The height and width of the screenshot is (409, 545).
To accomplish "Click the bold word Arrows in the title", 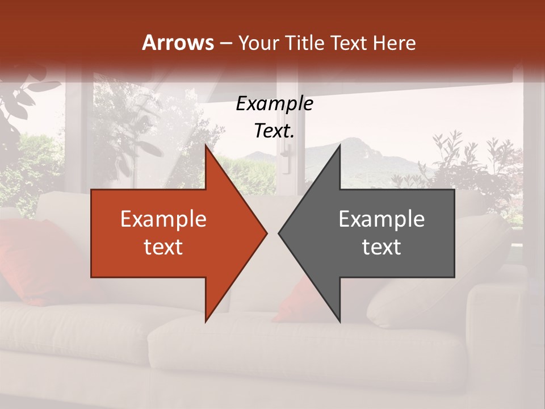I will click(178, 43).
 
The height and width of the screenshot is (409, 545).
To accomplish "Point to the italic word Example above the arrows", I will click(274, 103).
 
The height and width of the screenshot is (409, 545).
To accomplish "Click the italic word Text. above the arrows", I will click(274, 131).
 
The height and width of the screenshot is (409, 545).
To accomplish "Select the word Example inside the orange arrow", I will click(163, 219).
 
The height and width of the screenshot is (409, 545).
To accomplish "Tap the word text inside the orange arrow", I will click(163, 247).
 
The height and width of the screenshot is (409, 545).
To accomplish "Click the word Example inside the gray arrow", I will click(381, 219).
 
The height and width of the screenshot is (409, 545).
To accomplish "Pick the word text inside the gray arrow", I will click(381, 247).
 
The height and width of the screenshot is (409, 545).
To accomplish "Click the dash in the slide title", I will click(225, 43).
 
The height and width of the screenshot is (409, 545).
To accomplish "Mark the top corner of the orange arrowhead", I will click(206, 145).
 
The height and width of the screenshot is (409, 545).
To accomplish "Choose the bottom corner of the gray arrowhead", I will click(339, 322).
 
